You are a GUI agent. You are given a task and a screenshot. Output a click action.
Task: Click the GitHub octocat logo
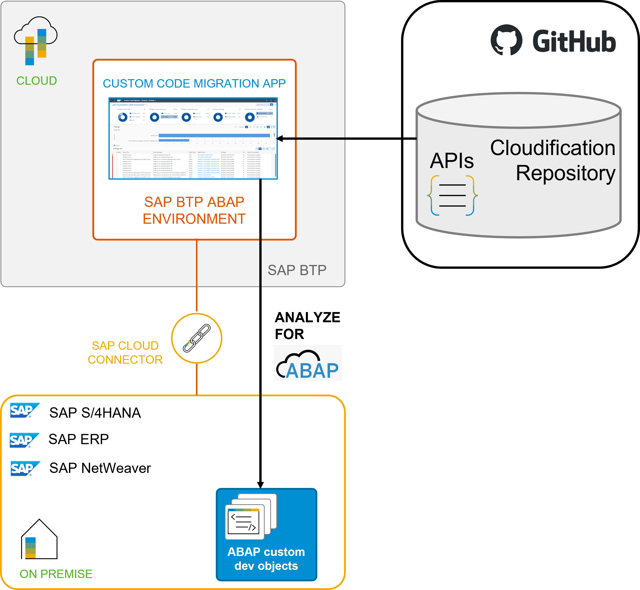pos(506,40)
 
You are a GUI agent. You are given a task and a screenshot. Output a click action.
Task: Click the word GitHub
pos(574,41)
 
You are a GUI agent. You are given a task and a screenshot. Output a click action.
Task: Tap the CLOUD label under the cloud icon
pos(36,81)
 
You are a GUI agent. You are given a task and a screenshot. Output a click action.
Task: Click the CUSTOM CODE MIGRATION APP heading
pos(194,84)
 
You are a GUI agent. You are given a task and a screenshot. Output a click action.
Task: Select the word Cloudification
pos(552,148)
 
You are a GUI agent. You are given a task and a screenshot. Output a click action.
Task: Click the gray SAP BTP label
pos(297,270)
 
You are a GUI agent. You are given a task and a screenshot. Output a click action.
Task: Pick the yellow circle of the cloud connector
pos(197,338)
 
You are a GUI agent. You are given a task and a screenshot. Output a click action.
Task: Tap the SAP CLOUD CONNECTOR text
pos(125,353)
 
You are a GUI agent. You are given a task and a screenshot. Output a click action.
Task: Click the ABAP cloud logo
pos(308,363)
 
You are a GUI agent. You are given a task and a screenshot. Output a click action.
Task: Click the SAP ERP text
pos(79,439)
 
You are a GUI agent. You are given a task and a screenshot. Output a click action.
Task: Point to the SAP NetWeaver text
pos(100,468)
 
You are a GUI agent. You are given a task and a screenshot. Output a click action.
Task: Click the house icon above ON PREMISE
pos(39,539)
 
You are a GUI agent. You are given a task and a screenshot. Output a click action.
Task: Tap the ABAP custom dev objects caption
pos(266,559)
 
